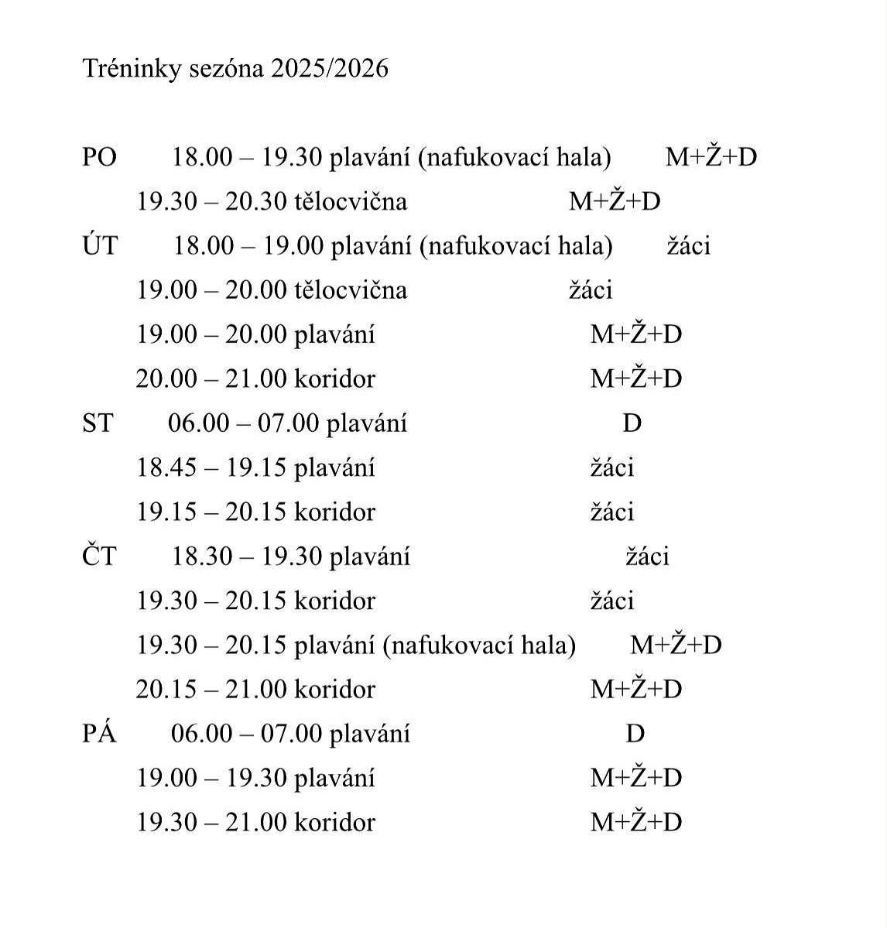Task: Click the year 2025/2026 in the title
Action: tap(330, 70)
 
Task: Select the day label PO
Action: tap(99, 158)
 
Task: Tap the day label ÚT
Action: tap(99, 246)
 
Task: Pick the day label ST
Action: tap(98, 423)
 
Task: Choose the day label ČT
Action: tap(99, 556)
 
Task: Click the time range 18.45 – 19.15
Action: tap(211, 468)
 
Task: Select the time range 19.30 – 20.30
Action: tap(211, 202)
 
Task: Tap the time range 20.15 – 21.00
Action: tap(211, 690)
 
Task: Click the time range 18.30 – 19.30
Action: tap(246, 556)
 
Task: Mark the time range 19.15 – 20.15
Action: tap(211, 512)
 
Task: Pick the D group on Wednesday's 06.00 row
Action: tap(632, 423)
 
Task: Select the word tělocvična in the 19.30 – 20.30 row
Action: tap(351, 202)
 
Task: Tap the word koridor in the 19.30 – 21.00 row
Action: tap(334, 823)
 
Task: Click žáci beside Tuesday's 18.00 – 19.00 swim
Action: tap(689, 246)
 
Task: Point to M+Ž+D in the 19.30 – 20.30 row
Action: tap(615, 202)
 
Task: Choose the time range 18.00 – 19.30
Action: tap(246, 158)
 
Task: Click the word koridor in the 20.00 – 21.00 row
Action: tap(334, 379)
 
